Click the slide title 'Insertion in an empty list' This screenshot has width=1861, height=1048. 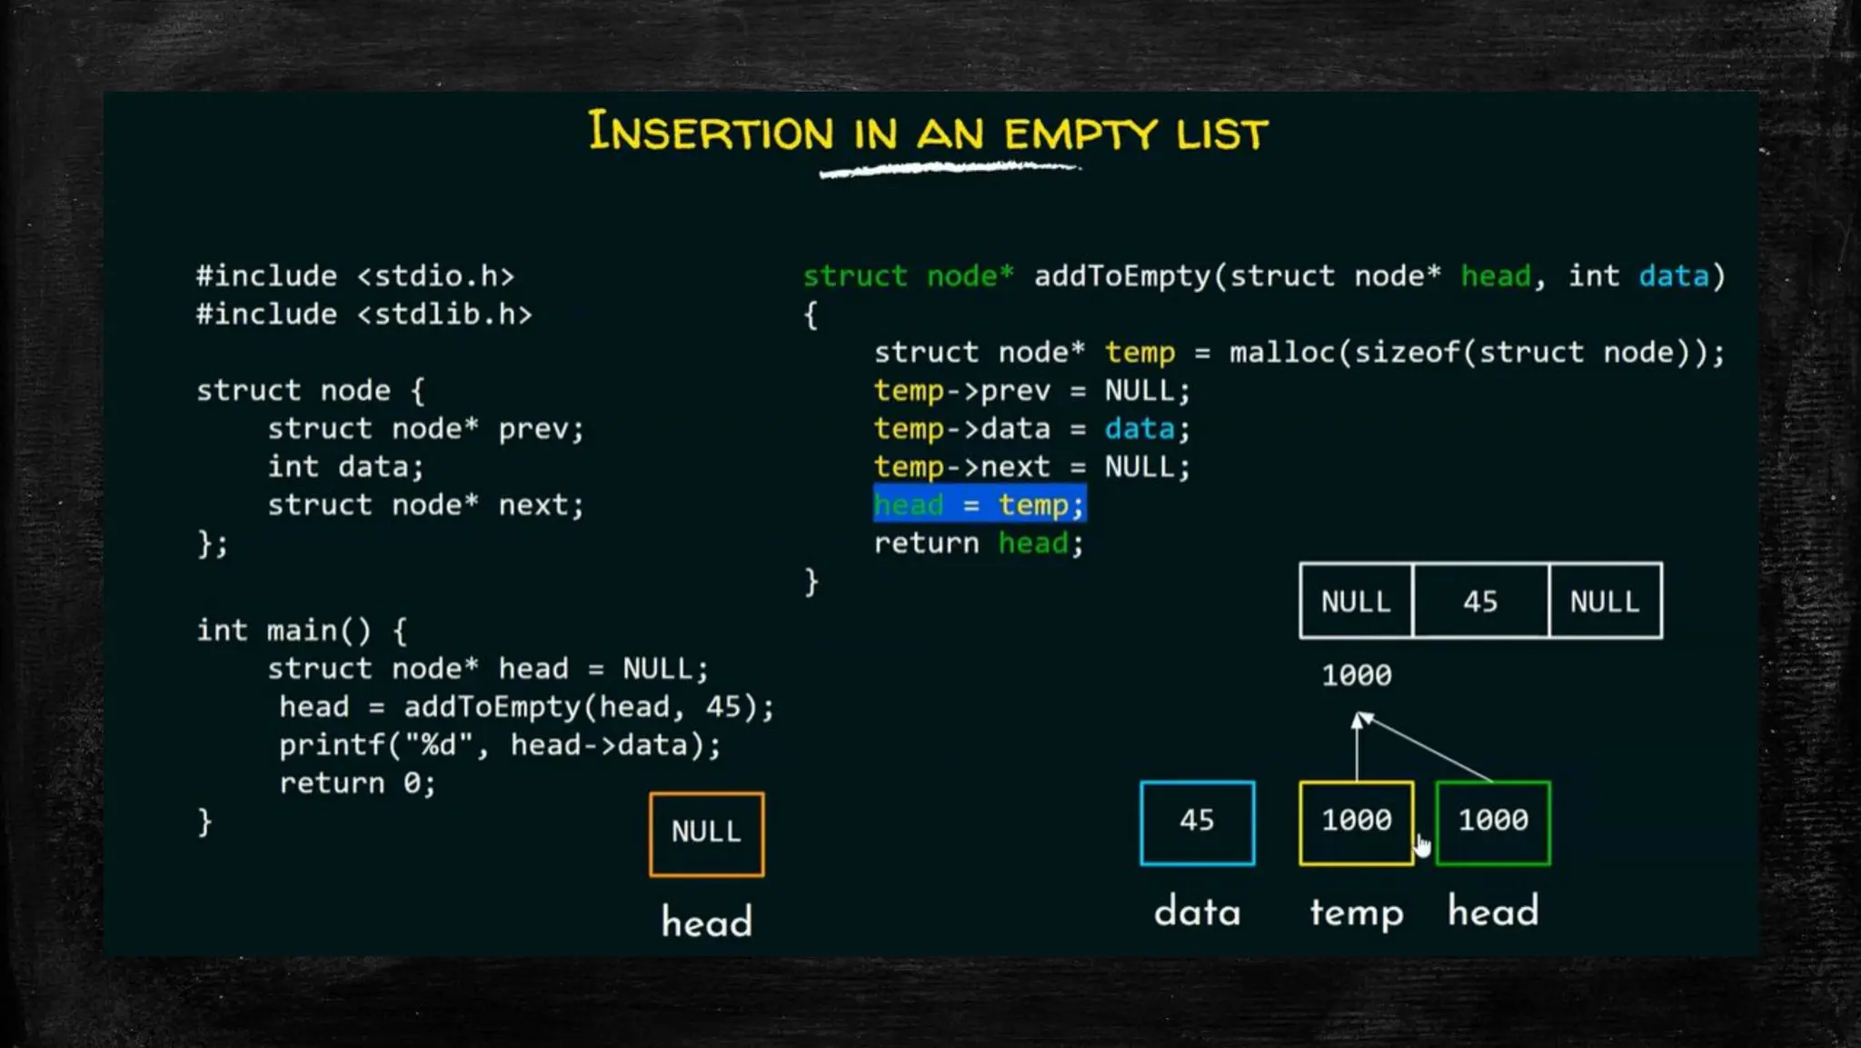coord(927,134)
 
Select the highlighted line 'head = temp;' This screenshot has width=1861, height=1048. coord(980,504)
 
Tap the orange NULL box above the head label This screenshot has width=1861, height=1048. coord(706,833)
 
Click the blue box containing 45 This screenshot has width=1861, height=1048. coord(1197,822)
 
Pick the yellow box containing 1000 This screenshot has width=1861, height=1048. coord(1356,822)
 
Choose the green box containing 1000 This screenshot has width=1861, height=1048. coord(1493,822)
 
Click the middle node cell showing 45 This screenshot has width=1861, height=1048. coord(1480,601)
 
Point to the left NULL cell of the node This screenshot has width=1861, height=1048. coord(1356,601)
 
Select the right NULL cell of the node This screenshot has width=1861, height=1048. coord(1605,601)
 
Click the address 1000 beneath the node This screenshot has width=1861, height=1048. coord(1356,675)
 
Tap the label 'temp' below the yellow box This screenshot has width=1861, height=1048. coord(1356,912)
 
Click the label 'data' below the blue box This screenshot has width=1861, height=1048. coord(1197,912)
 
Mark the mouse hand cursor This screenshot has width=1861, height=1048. coord(1422,846)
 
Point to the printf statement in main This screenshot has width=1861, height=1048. coord(499,745)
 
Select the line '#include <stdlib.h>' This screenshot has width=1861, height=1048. coord(363,314)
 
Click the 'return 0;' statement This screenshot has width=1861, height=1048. coord(357,784)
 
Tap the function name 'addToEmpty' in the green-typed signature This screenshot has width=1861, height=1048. coord(1122,275)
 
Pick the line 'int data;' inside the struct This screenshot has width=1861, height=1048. coord(345,467)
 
